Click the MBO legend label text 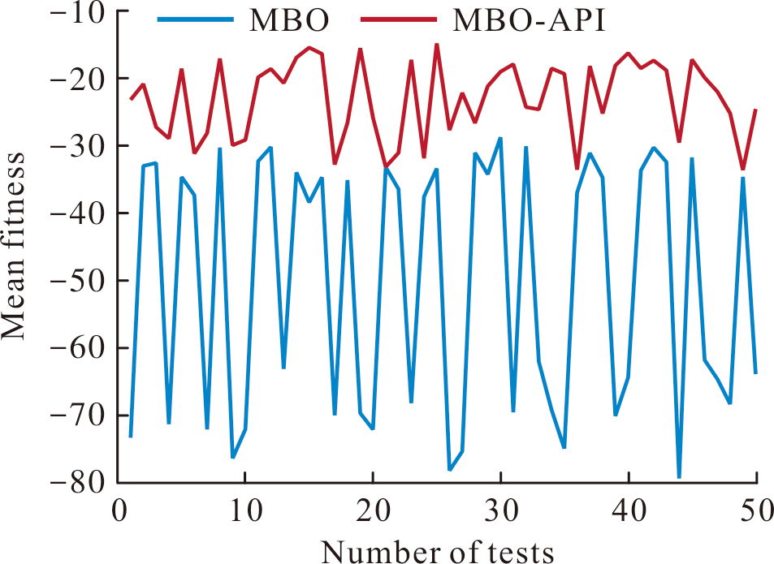click(289, 20)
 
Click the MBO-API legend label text click(529, 20)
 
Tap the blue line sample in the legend click(196, 19)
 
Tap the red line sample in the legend click(399, 19)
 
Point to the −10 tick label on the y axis click(78, 12)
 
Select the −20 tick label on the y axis click(78, 79)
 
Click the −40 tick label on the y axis click(78, 213)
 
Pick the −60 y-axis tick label click(78, 347)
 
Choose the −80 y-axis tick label click(78, 482)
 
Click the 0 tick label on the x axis click(119, 510)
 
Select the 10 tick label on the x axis click(245, 510)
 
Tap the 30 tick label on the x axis click(501, 510)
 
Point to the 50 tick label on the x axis click(757, 510)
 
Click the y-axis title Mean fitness click(13, 246)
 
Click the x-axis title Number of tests click(437, 551)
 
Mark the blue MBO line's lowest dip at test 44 click(680, 477)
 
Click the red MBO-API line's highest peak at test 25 click(437, 45)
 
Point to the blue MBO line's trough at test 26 click(450, 470)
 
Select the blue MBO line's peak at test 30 click(500, 138)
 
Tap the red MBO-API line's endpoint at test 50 click(756, 110)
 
